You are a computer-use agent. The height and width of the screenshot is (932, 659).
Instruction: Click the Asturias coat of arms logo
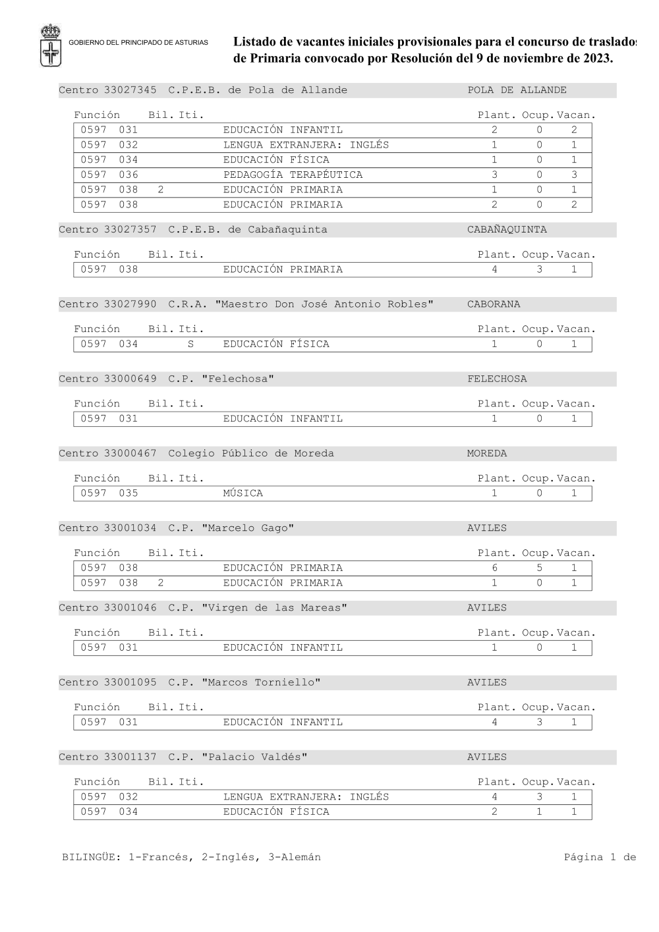tap(51, 45)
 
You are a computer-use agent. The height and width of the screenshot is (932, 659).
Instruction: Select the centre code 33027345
tap(130, 90)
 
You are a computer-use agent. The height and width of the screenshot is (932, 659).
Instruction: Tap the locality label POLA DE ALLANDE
tap(517, 90)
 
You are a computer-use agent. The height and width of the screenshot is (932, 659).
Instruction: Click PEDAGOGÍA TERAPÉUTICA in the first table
tap(293, 175)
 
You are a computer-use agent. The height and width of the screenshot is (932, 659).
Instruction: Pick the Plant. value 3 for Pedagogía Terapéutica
tap(494, 175)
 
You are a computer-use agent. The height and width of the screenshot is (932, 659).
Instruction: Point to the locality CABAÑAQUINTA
tap(507, 230)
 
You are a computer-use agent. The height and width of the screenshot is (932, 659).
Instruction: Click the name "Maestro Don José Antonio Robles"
tap(326, 304)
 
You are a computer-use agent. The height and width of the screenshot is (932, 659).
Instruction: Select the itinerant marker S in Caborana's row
tap(190, 344)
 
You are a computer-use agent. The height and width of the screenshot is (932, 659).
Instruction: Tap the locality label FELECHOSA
tap(497, 379)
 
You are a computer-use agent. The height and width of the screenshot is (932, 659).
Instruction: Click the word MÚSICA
tap(243, 493)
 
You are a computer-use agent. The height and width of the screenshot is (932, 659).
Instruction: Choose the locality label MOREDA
tap(487, 453)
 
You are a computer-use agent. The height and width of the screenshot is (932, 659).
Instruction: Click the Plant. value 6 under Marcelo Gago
tap(494, 568)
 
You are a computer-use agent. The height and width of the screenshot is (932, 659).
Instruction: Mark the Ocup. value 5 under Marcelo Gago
tap(539, 568)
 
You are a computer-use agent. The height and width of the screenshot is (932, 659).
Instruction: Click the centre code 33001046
tap(130, 608)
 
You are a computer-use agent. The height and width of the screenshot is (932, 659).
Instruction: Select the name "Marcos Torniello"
tap(261, 682)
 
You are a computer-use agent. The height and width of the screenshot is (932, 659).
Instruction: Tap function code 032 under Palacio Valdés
tap(129, 797)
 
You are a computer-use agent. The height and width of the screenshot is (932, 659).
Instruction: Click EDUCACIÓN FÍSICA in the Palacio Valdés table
tap(276, 812)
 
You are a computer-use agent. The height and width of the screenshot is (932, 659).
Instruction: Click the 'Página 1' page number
tap(590, 858)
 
